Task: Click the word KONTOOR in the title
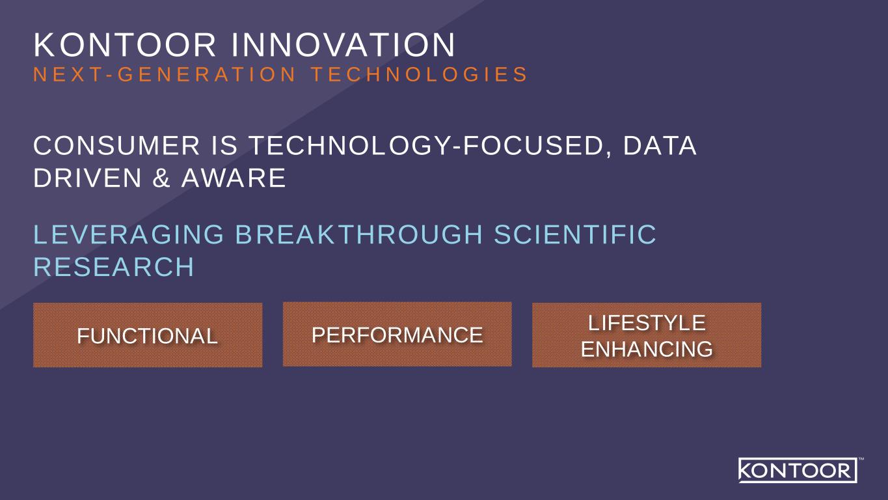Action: coord(125,45)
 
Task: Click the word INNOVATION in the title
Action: coord(343,45)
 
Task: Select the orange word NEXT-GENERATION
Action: coord(165,75)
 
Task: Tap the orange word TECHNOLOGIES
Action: coord(419,75)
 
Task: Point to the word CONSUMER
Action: coord(116,145)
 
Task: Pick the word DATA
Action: coord(660,145)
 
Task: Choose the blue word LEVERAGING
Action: coord(129,234)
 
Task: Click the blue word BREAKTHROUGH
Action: coord(359,234)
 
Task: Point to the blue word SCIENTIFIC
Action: coord(575,234)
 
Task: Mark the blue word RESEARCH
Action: coord(114,267)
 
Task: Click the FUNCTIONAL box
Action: coord(148,335)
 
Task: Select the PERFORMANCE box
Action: coord(397,334)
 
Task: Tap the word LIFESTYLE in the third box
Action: coord(647,323)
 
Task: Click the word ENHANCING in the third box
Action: coord(647,349)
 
